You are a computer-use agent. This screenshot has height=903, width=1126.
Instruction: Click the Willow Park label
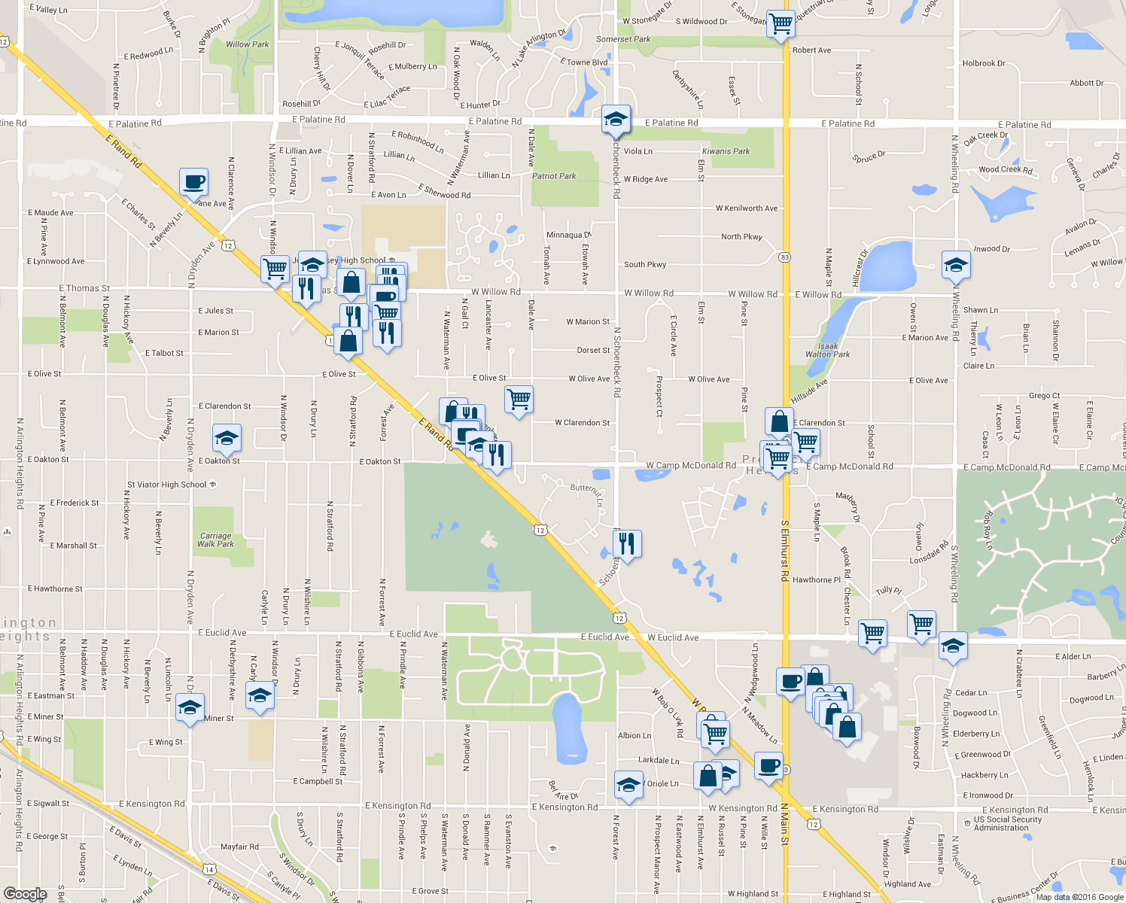tap(247, 44)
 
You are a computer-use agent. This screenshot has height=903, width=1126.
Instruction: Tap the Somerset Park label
tap(623, 39)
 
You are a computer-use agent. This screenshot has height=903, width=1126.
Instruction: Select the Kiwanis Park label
tap(726, 151)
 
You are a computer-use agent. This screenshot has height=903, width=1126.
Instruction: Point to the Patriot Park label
tap(554, 176)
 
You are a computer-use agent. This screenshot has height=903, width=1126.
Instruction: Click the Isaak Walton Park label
tap(827, 351)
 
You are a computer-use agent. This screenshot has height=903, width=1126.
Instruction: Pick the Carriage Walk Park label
tap(215, 540)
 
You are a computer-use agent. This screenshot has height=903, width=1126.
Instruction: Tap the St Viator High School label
tap(167, 485)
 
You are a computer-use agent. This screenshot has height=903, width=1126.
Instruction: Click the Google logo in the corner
tap(26, 893)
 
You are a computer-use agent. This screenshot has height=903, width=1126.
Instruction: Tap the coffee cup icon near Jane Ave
tap(193, 182)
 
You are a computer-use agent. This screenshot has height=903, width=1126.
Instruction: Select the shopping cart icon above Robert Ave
tap(781, 24)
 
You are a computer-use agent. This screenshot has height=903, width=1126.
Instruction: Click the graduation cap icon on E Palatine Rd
tap(616, 119)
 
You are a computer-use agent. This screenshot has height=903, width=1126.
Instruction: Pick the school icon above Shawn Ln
tap(956, 265)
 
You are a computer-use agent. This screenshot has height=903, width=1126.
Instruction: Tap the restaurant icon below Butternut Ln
tap(627, 543)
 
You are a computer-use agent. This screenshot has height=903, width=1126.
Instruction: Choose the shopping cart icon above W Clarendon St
tap(519, 399)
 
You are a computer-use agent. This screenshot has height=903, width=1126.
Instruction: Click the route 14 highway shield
tap(209, 869)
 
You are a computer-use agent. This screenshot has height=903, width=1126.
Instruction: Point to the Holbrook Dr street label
tap(983, 63)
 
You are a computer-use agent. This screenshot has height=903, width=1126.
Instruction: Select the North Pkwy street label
tap(741, 236)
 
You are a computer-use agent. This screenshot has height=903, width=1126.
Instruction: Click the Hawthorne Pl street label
tap(816, 579)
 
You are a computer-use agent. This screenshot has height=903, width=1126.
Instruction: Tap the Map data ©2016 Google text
tap(1079, 897)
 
